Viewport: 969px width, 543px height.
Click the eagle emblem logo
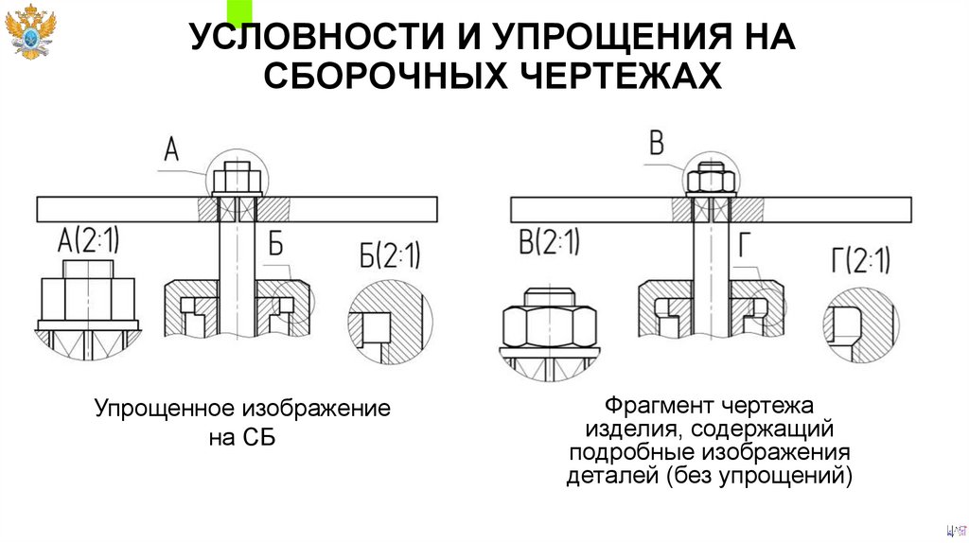31,32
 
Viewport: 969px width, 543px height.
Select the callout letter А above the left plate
172,149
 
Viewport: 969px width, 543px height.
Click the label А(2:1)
90,240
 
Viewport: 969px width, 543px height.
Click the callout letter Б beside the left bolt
275,243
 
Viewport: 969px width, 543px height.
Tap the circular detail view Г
860,323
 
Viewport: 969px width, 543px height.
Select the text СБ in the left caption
257,439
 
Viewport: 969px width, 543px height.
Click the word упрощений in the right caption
793,474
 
